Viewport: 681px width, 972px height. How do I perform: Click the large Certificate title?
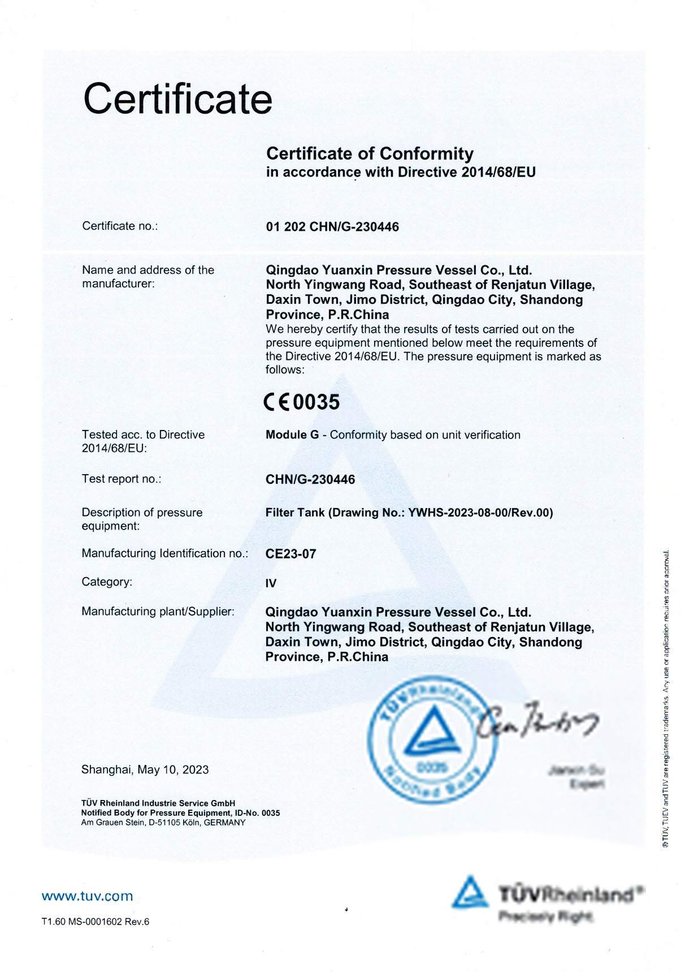point(177,98)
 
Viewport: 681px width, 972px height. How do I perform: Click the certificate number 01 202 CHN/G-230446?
point(332,227)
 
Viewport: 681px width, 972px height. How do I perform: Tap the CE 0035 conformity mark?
point(302,402)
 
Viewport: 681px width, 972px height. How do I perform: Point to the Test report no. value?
point(310,480)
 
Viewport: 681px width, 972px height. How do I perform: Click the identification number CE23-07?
point(290,554)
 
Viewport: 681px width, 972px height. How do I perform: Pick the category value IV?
point(271,583)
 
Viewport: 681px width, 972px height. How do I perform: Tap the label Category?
point(107,582)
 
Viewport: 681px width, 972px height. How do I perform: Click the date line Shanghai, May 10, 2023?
point(145,769)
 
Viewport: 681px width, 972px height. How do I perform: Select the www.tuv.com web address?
point(87,896)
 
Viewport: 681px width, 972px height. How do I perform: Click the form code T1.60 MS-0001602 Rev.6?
point(96,922)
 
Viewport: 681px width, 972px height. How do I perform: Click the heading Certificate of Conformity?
point(370,153)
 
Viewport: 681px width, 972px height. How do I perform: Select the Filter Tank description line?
point(409,513)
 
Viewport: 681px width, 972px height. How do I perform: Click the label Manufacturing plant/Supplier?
point(158,612)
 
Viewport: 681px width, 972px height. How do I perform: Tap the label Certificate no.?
point(120,226)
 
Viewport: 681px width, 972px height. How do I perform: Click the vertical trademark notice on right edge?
point(667,699)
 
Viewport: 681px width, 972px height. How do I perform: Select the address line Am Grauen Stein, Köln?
point(163,823)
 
